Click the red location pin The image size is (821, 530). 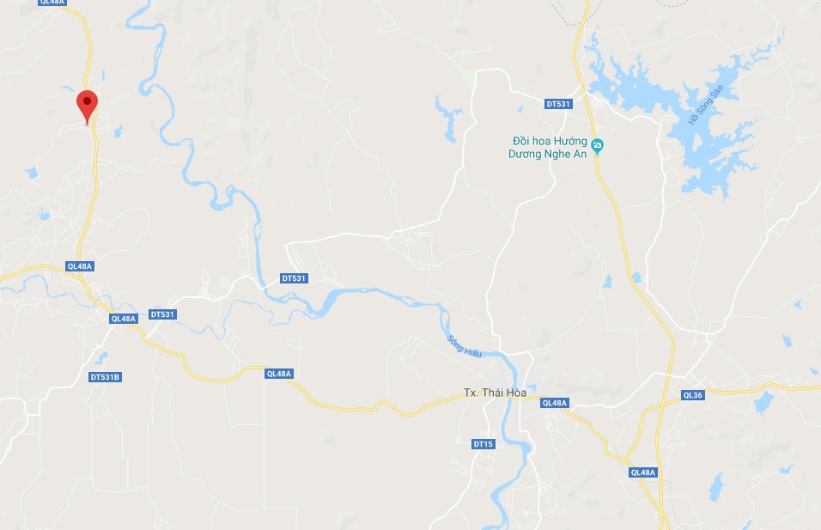click(x=87, y=105)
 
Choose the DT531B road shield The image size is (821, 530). click(x=105, y=377)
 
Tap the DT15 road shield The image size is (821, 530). click(x=483, y=444)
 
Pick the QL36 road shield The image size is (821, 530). click(x=693, y=395)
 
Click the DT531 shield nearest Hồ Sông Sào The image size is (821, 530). click(x=558, y=104)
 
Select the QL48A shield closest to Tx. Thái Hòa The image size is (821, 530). click(x=555, y=403)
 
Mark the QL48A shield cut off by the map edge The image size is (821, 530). click(x=52, y=3)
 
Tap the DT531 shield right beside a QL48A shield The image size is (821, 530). click(x=162, y=314)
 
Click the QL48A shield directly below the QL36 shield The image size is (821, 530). click(x=642, y=472)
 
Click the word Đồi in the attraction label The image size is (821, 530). click(x=520, y=140)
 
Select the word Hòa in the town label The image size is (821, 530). click(x=515, y=393)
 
